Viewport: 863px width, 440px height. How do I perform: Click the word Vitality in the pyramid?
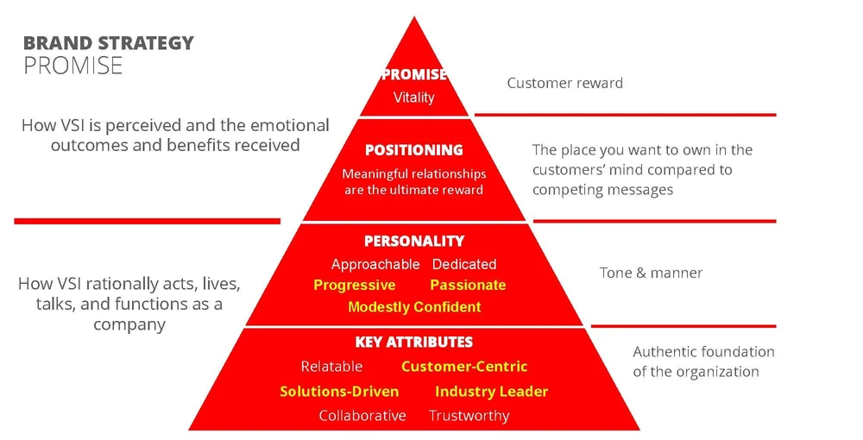[414, 97]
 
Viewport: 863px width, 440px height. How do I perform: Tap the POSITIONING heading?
[414, 150]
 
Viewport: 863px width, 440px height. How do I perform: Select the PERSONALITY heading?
[414, 242]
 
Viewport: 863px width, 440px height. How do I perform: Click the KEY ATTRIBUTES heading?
[414, 343]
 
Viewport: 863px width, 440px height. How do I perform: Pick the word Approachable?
[375, 264]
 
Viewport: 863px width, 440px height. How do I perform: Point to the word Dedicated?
[464, 264]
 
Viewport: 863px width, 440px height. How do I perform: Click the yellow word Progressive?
[355, 286]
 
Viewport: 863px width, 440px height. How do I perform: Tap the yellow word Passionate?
[468, 286]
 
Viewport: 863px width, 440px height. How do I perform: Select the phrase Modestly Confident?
[414, 307]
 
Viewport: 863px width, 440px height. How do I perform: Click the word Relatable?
[331, 367]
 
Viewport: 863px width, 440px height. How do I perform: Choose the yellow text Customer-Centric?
[464, 367]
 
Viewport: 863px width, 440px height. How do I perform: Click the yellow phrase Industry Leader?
[491, 392]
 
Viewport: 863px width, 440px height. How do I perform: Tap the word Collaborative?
[362, 416]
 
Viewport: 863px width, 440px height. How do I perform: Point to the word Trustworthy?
[469, 416]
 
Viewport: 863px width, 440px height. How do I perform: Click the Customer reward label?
[564, 83]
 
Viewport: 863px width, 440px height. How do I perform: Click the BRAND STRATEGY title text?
[108, 43]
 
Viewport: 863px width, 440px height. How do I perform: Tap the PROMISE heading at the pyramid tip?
[414, 75]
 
